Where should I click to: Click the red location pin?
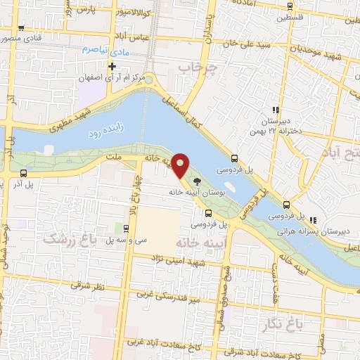coord(181,165)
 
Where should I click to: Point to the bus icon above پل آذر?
coord(24,173)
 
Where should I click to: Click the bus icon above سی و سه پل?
coord(126,228)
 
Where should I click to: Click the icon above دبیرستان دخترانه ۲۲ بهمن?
coord(275,110)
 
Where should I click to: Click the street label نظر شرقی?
coord(86,287)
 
